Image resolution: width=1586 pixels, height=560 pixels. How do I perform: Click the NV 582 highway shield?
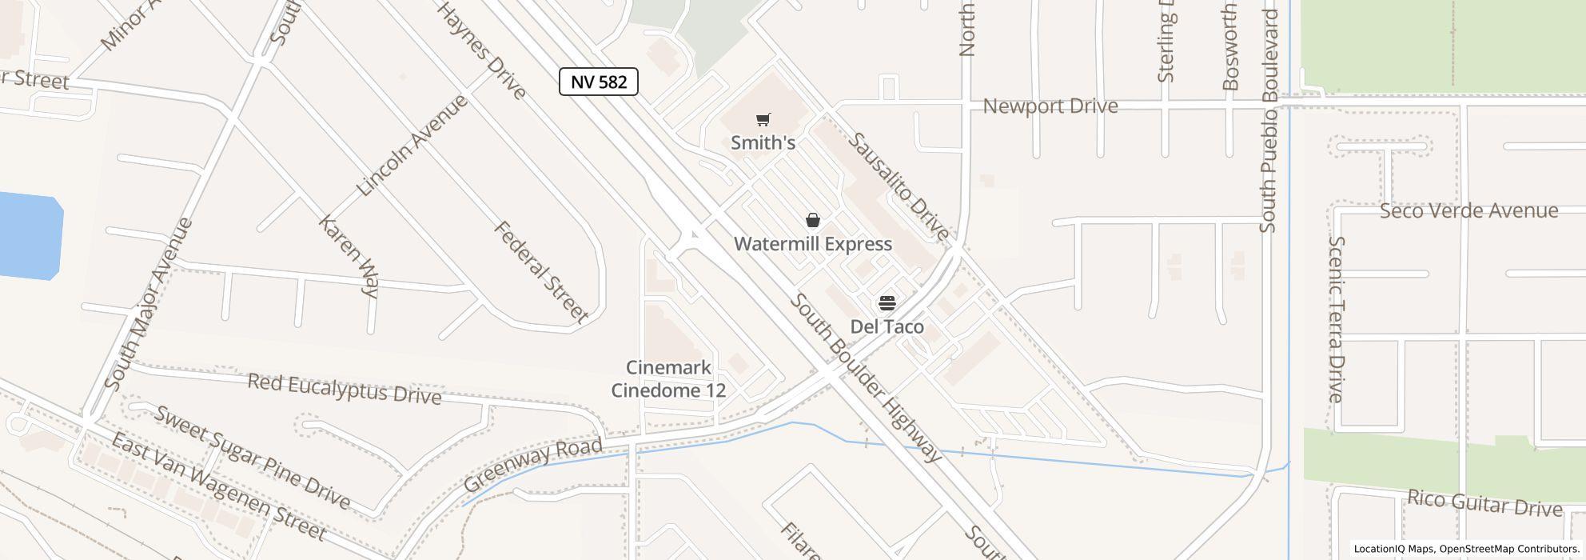[598, 82]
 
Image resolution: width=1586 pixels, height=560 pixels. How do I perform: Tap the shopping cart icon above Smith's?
[763, 120]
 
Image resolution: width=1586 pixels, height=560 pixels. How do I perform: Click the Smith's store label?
[763, 142]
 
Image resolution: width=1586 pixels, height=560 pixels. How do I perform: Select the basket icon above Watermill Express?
[812, 220]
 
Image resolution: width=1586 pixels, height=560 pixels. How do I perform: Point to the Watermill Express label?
[812, 244]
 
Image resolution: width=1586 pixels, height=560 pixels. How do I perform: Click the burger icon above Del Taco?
[887, 303]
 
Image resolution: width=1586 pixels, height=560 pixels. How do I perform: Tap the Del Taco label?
[887, 326]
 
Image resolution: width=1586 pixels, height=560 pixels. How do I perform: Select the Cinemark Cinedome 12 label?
[668, 378]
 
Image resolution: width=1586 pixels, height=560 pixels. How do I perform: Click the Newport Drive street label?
[1050, 106]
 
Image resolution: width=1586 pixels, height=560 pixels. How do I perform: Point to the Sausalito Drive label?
[899, 187]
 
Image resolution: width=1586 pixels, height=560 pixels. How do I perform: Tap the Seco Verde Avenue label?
[1468, 210]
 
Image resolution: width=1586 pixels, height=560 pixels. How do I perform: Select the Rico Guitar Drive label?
[1484, 504]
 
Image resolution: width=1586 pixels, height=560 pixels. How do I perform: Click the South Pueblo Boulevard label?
[1268, 120]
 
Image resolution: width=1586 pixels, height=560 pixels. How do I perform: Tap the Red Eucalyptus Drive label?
[344, 389]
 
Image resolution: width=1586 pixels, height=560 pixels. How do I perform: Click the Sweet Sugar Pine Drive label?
[252, 457]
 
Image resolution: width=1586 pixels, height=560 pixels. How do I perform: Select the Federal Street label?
[541, 272]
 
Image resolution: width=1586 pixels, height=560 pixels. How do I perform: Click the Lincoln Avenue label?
[412, 146]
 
